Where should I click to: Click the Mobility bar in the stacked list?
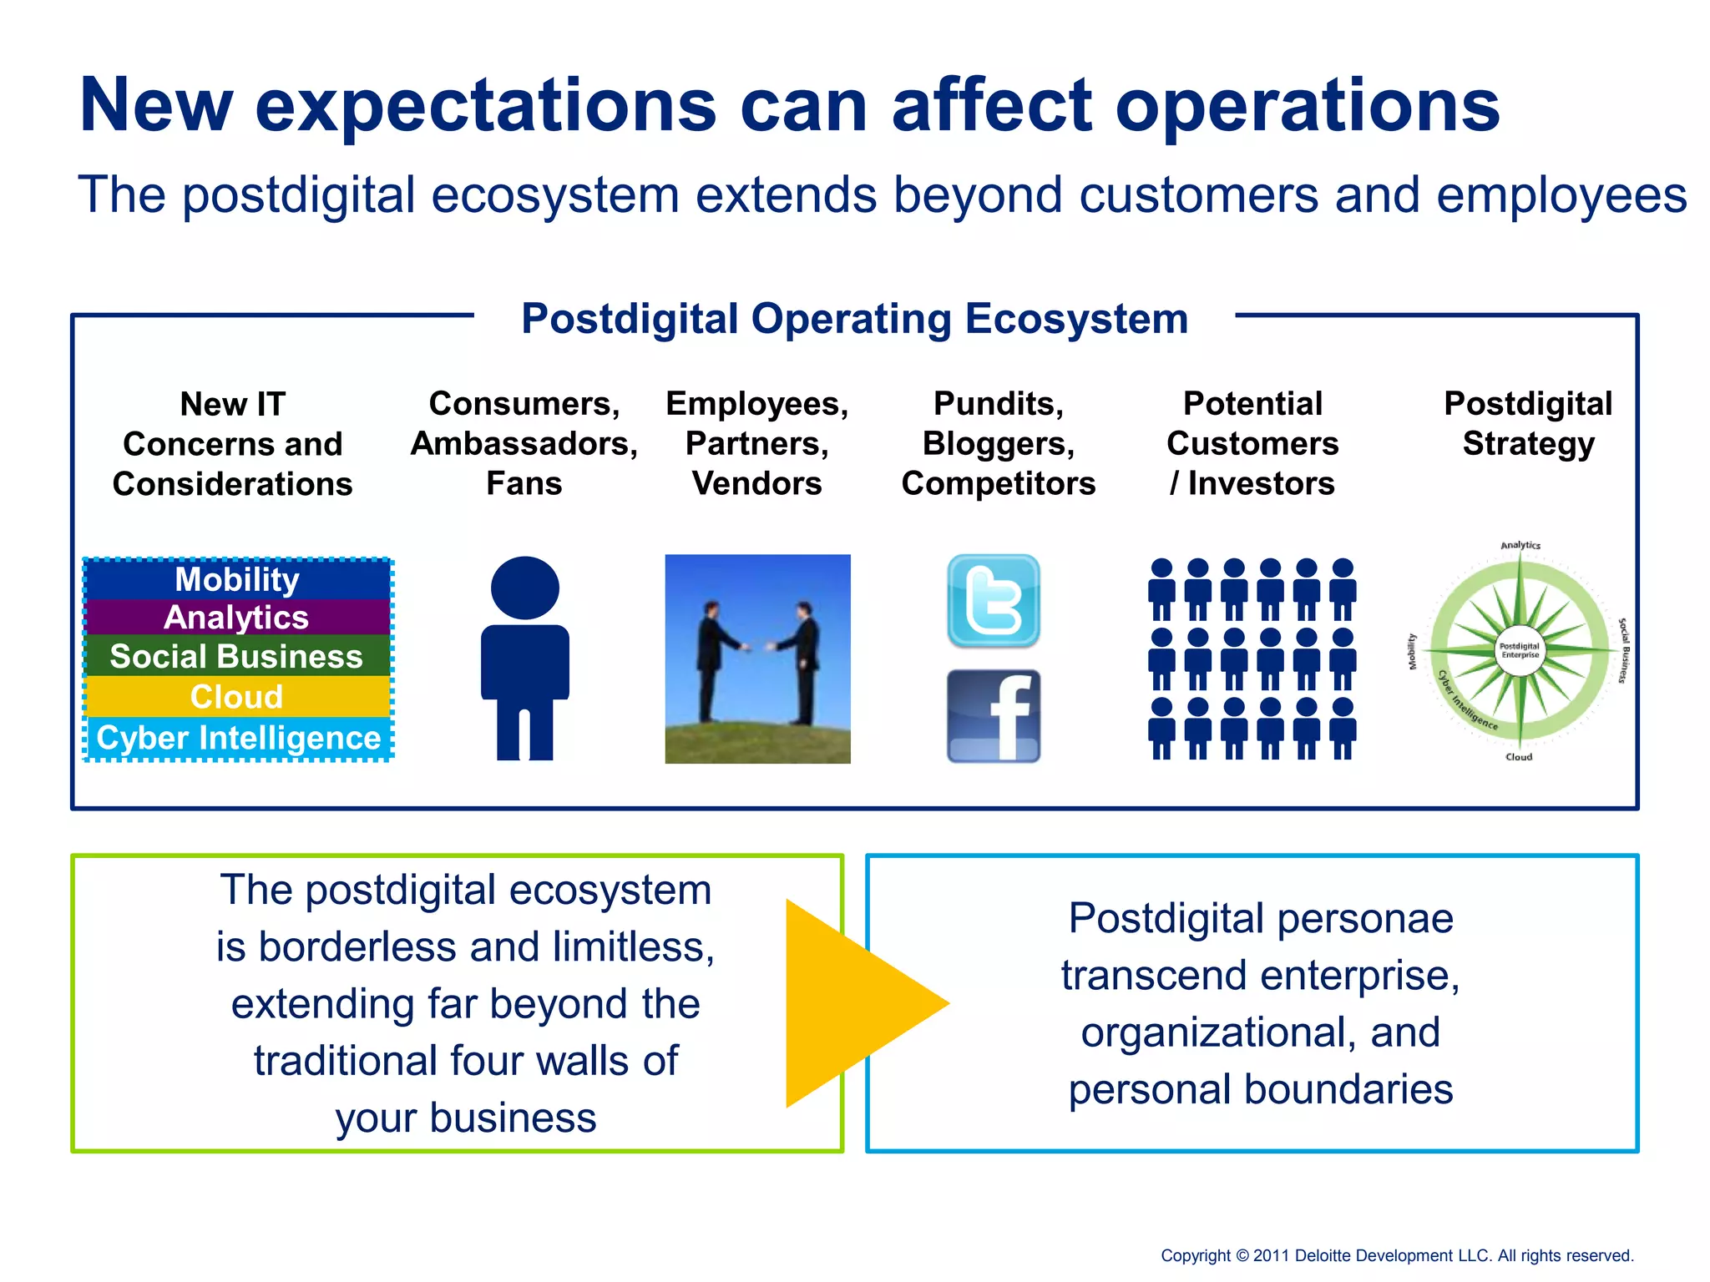click(x=237, y=579)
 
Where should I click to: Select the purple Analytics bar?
click(x=237, y=618)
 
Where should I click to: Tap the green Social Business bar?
click(x=237, y=656)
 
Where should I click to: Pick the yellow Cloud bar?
click(x=237, y=696)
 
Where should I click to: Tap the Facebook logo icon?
click(x=993, y=716)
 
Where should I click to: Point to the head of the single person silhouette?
click(x=524, y=588)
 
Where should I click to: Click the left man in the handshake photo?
click(x=711, y=659)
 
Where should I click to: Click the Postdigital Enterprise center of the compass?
click(x=1520, y=650)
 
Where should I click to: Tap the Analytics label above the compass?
click(x=1520, y=545)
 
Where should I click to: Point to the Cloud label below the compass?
click(x=1519, y=757)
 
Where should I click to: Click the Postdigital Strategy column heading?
click(x=1528, y=423)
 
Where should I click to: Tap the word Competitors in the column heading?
click(x=999, y=484)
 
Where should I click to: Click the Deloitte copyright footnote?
click(x=1396, y=1255)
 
